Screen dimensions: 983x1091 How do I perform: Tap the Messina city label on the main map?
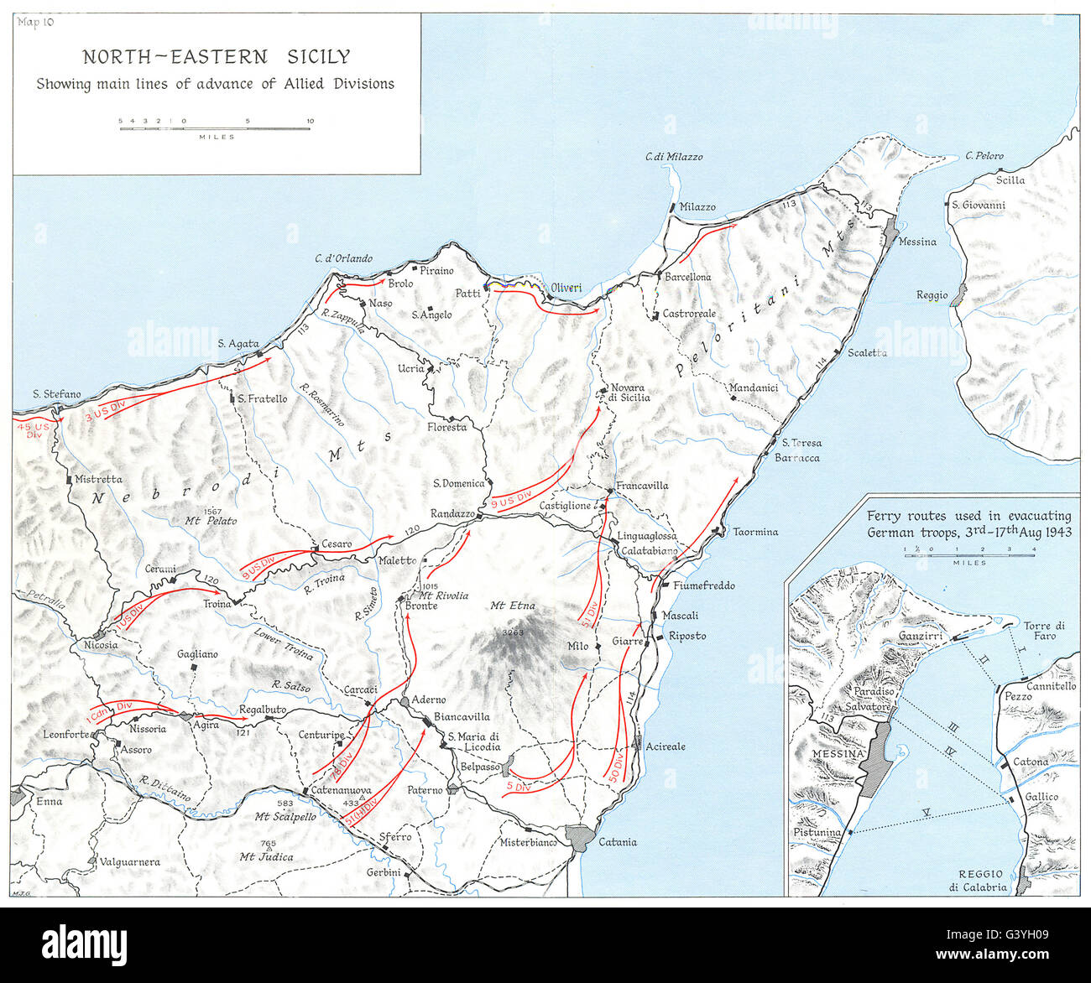(x=916, y=242)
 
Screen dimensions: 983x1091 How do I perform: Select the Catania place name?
(x=617, y=842)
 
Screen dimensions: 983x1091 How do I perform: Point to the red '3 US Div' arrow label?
(x=110, y=409)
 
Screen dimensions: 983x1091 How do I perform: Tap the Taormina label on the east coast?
(x=754, y=532)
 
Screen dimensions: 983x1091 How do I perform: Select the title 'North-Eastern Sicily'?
(x=216, y=57)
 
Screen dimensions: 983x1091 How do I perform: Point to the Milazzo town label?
(x=697, y=206)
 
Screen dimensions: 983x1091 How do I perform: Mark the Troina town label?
(x=217, y=604)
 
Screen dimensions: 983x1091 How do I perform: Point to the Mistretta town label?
(x=98, y=480)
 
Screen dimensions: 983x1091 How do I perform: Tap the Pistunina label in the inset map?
(x=817, y=832)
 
